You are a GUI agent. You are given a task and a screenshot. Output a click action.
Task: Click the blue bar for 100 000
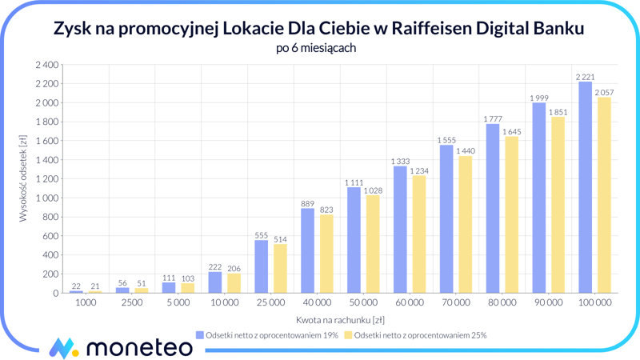click(x=585, y=187)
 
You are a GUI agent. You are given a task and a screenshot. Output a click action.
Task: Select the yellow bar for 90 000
click(x=558, y=205)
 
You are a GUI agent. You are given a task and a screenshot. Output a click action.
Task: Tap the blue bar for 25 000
click(x=261, y=266)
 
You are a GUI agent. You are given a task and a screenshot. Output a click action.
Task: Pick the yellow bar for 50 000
click(x=372, y=244)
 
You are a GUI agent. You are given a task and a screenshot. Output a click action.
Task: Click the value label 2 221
click(x=585, y=77)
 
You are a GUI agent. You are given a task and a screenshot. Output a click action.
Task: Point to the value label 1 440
click(x=465, y=151)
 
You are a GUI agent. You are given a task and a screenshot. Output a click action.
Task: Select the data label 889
click(x=307, y=204)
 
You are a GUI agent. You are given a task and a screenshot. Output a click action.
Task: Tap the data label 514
click(x=279, y=239)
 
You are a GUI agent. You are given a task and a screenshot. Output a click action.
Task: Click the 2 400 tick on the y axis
click(x=47, y=65)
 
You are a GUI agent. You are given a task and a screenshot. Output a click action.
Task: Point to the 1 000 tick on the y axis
click(x=47, y=198)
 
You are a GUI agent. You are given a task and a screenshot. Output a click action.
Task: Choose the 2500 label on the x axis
click(x=131, y=303)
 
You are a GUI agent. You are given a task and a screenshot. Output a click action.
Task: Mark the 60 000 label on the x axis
click(x=409, y=303)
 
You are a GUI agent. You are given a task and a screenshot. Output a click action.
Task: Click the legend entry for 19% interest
click(x=267, y=335)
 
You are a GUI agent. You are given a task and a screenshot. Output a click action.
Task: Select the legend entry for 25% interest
click(x=415, y=335)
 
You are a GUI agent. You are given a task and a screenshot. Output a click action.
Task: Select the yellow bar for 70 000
click(x=465, y=225)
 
